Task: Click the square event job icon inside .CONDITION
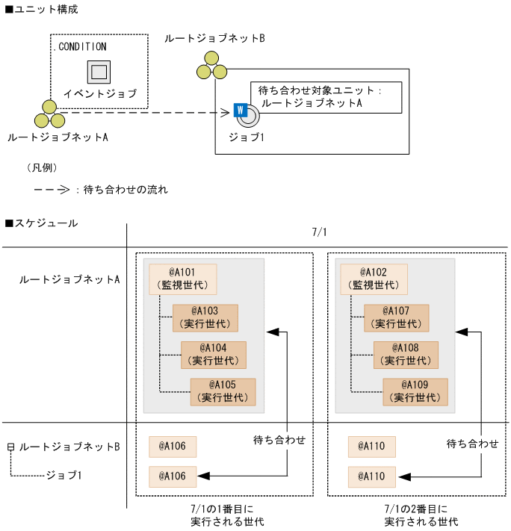pyautogui.click(x=99, y=72)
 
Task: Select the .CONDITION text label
pyautogui.click(x=81, y=46)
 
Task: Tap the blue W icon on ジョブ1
pyautogui.click(x=240, y=110)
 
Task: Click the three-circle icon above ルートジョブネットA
pyautogui.click(x=49, y=114)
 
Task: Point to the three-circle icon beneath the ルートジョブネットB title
pyautogui.click(x=211, y=65)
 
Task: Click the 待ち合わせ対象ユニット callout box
pyautogui.click(x=326, y=96)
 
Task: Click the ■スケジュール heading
pyautogui.click(x=41, y=223)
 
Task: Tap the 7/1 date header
pyautogui.click(x=319, y=232)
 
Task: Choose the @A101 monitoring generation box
pyautogui.click(x=183, y=279)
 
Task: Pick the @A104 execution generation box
pyautogui.click(x=214, y=355)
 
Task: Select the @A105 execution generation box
pyautogui.click(x=223, y=391)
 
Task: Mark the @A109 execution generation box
pyautogui.click(x=415, y=391)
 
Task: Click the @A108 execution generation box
pyautogui.click(x=406, y=355)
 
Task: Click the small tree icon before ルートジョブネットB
pyautogui.click(x=10, y=447)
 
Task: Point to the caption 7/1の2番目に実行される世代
pyautogui.click(x=421, y=515)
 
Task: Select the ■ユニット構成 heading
pyautogui.click(x=41, y=9)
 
